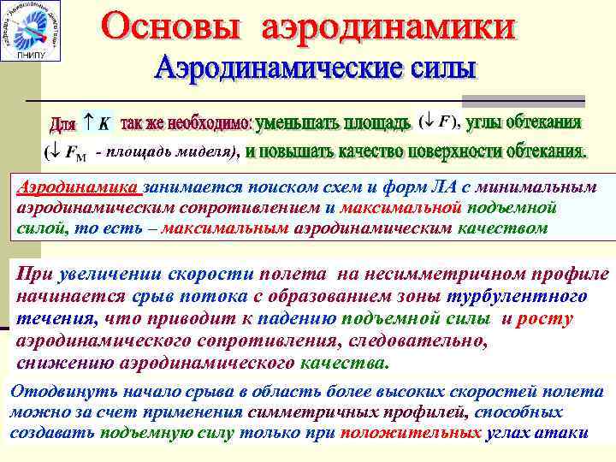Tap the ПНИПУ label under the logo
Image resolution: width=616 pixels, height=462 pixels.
(33, 55)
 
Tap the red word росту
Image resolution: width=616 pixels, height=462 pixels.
(545, 318)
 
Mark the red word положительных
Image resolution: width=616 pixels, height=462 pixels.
(411, 432)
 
